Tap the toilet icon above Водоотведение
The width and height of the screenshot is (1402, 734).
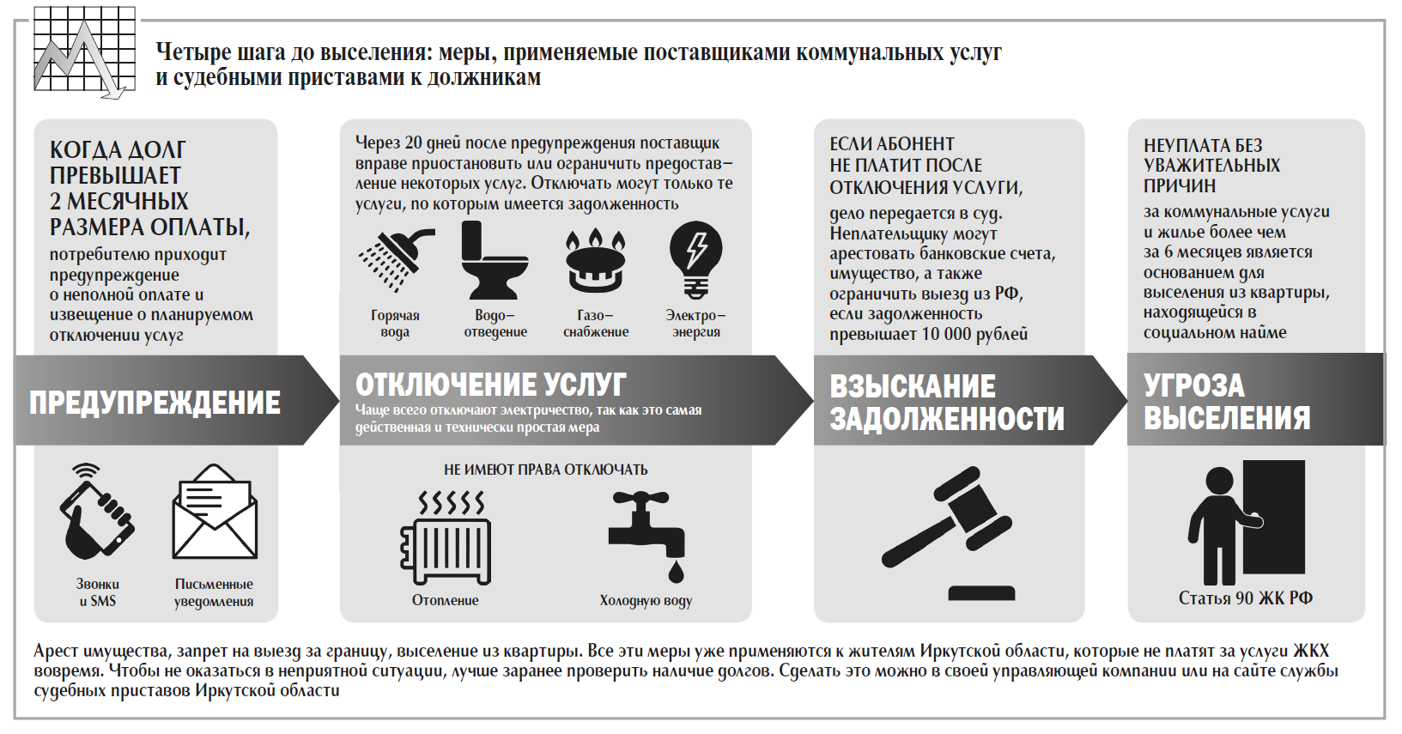tap(494, 260)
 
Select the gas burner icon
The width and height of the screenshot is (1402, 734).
tap(595, 261)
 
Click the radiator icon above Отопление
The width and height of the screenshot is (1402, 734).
tap(446, 538)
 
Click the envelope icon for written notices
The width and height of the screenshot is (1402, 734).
tap(215, 513)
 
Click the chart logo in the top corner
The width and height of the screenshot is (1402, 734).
tap(84, 52)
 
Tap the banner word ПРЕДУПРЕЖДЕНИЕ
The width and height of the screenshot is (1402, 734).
tap(155, 403)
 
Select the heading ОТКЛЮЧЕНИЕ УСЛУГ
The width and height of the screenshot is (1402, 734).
tap(490, 384)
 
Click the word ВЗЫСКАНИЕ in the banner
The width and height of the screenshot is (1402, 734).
tap(913, 386)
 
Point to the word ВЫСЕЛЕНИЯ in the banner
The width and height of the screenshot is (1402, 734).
tap(1227, 418)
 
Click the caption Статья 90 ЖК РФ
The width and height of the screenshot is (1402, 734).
tap(1245, 598)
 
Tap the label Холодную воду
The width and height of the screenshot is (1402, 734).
tap(646, 601)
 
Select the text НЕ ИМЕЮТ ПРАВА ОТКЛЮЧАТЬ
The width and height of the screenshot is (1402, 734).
tap(545, 470)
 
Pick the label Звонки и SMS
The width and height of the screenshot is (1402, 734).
tap(97, 592)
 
